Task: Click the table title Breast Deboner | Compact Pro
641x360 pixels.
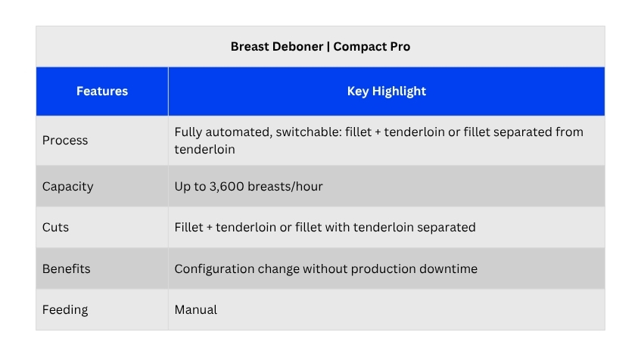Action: [320, 47]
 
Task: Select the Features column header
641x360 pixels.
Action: [102, 91]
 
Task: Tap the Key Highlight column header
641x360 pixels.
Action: [386, 91]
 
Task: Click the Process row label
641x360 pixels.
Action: [65, 141]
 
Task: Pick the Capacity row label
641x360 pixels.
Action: [68, 187]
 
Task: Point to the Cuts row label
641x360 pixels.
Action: [55, 227]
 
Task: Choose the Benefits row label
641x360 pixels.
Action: [67, 269]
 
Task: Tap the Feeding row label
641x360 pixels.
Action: [65, 310]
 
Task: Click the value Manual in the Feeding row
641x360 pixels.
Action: [196, 310]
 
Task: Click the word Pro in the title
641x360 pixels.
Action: [400, 47]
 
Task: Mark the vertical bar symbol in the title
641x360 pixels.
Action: [328, 47]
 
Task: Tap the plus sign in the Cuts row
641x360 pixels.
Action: [210, 228]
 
